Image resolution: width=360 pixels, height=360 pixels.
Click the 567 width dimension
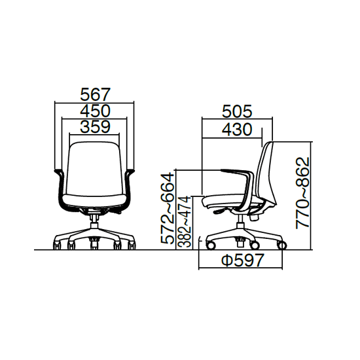pos(96,94)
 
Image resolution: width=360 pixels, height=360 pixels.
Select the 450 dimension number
pos(96,111)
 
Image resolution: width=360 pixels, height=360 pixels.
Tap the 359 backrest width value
pos(96,127)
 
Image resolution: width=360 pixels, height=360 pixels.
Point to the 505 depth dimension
pos(237,111)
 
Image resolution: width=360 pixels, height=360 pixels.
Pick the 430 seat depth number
pos(237,129)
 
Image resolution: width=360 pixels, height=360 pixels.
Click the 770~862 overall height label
pos(302,193)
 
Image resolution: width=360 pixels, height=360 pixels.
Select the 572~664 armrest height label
pos(167,208)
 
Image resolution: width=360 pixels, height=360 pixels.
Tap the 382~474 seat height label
pos(185,221)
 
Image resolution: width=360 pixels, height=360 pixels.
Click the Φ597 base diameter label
pos(242,260)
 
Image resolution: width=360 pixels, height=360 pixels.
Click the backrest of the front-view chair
pos(95,169)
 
